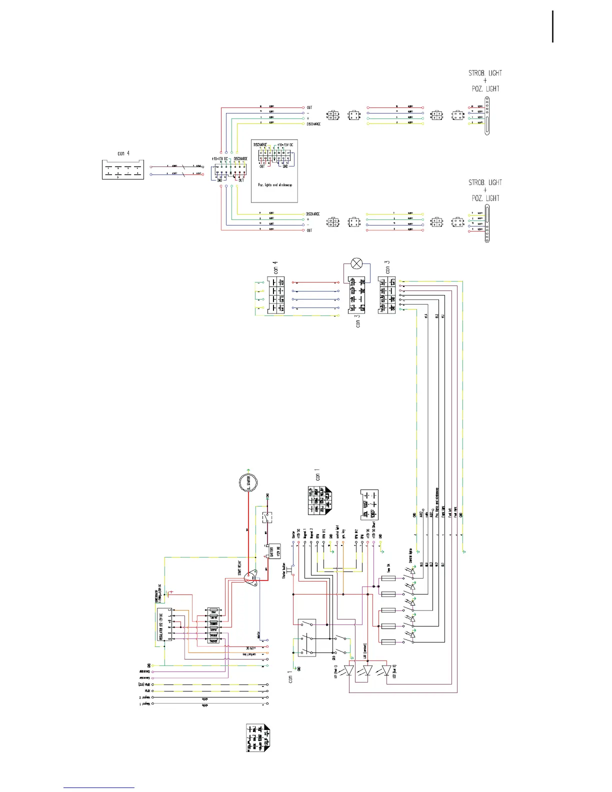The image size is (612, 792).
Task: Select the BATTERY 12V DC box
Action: click(x=273, y=551)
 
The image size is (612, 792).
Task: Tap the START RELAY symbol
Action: click(x=253, y=577)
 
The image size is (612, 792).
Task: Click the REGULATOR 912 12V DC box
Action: click(x=162, y=624)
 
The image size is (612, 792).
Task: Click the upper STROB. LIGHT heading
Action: click(x=485, y=73)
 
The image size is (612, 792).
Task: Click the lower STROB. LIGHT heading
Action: click(x=485, y=182)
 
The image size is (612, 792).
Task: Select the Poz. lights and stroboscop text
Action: click(x=275, y=184)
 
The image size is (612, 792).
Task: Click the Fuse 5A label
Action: click(x=388, y=566)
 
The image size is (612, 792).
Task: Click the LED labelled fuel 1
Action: click(x=350, y=669)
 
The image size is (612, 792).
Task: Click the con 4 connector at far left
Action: click(x=122, y=169)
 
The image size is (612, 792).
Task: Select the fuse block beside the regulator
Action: click(x=213, y=625)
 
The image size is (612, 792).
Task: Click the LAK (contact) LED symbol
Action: click(x=368, y=669)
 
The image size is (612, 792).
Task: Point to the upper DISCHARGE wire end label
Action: click(x=313, y=124)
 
